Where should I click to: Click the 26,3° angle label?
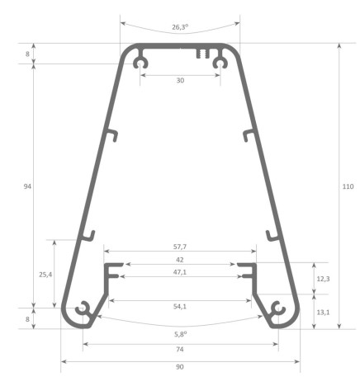pyautogui.click(x=179, y=27)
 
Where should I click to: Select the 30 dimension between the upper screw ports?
pyautogui.click(x=179, y=81)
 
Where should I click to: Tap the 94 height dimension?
pyautogui.click(x=27, y=187)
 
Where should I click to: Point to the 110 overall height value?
pyautogui.click(x=348, y=187)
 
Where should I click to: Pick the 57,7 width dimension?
pyautogui.click(x=179, y=247)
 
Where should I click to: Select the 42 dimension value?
pyautogui.click(x=179, y=260)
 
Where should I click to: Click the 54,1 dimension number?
pyautogui.click(x=179, y=306)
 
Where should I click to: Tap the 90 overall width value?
pyautogui.click(x=179, y=366)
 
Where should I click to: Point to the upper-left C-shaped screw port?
pyautogui.click(x=142, y=62)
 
